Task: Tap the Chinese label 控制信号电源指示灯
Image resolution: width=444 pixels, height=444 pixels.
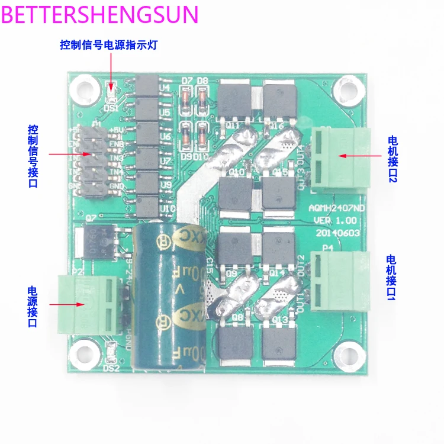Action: coord(108,45)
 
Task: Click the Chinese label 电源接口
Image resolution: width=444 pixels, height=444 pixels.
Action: coord(33,306)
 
